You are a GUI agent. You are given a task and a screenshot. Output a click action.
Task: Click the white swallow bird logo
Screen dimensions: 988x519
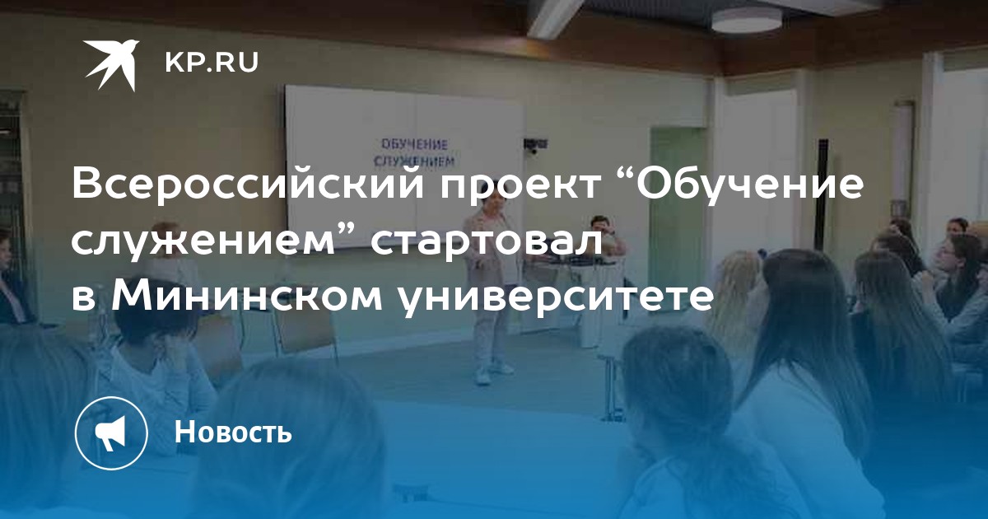[x=111, y=64]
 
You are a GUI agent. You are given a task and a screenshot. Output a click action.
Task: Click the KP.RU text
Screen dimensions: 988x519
[x=212, y=63]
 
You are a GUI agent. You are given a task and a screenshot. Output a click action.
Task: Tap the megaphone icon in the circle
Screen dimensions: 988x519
[x=111, y=433]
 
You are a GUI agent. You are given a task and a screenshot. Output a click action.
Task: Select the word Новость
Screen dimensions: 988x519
[x=233, y=432]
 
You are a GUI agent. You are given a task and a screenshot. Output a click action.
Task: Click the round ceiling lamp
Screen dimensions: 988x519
[x=746, y=20]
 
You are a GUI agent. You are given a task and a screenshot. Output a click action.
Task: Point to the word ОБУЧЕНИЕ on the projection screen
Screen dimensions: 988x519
[x=414, y=145]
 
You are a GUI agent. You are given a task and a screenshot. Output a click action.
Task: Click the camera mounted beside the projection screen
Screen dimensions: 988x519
[x=535, y=145]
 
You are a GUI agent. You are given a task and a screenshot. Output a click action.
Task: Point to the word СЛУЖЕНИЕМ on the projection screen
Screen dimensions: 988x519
[x=414, y=161]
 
